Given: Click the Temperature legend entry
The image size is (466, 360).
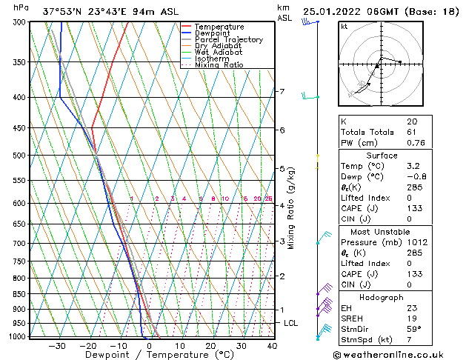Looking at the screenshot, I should (219, 27).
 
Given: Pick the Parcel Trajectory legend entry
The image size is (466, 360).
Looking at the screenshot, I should (228, 40).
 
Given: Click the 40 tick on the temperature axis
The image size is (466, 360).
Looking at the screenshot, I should (272, 346).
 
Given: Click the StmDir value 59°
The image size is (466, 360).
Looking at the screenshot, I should (414, 329).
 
